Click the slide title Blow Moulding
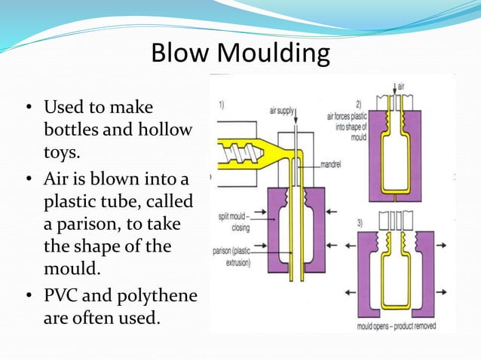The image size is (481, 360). [240, 53]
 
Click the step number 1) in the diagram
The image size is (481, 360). [223, 106]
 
